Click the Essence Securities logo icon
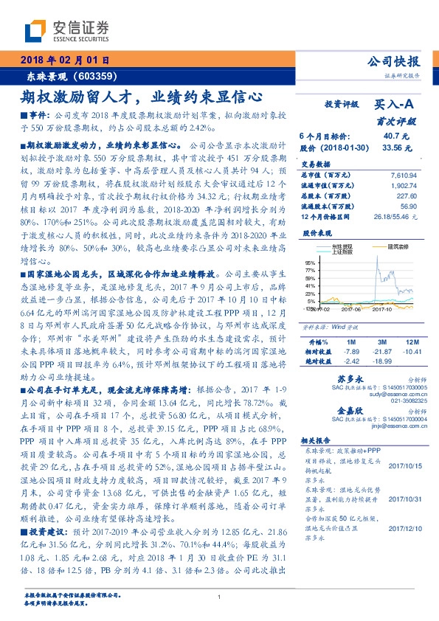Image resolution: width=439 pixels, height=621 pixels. [x=35, y=32]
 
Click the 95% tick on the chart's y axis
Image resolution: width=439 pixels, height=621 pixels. [x=311, y=261]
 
